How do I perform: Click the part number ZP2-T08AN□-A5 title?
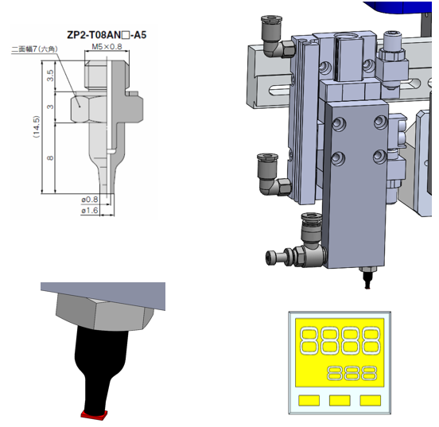pos(107,35)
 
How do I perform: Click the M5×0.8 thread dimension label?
pos(107,46)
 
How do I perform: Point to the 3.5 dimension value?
pos(50,76)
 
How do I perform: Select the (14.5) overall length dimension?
pos(37,126)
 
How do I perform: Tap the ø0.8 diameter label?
pos(90,200)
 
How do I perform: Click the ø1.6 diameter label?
pos(90,210)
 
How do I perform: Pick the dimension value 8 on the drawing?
pos(50,158)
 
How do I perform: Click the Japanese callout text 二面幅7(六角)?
pos(35,49)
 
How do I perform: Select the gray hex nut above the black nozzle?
pos(105,312)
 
